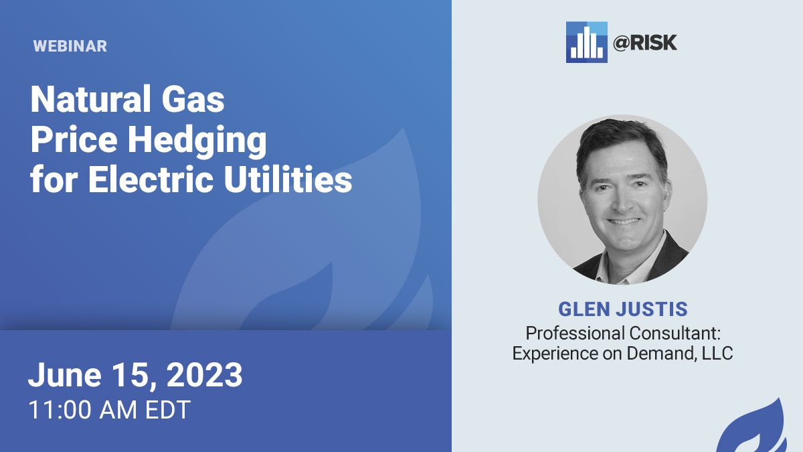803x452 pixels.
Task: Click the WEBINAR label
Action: [x=70, y=46]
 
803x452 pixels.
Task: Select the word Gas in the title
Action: [x=193, y=99]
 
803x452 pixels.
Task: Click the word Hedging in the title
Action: [x=197, y=141]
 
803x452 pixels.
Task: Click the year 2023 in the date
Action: [x=204, y=374]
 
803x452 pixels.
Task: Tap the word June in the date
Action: [x=65, y=374]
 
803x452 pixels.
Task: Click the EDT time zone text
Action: [x=167, y=410]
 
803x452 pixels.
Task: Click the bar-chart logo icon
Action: [x=586, y=42]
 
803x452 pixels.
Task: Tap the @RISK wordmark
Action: [x=644, y=43]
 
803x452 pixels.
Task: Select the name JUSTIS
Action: [x=652, y=309]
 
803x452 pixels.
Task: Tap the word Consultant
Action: [x=675, y=333]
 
